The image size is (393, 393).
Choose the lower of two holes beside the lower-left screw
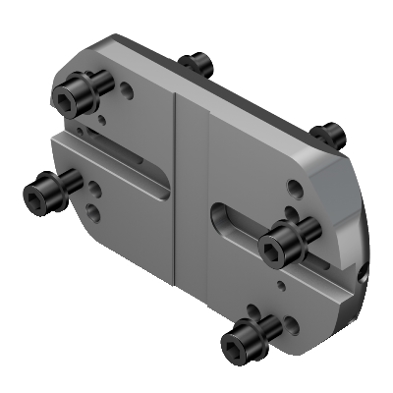91,209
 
